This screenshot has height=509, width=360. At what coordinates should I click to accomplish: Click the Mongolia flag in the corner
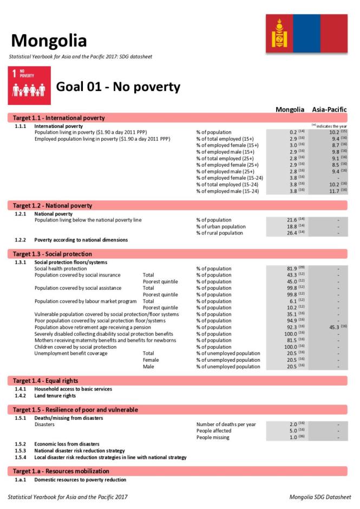(306, 34)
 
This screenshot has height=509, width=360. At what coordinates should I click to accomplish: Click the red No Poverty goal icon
(29, 86)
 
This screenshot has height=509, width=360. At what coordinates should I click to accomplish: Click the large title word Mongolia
(49, 40)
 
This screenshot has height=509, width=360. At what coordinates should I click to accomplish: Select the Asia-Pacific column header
(329, 109)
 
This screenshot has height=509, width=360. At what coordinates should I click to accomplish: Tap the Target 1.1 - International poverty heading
(59, 118)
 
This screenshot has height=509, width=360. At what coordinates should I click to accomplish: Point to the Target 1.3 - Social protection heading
(53, 254)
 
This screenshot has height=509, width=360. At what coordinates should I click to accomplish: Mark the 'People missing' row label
(213, 438)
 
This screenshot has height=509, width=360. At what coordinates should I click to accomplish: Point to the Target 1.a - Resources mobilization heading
(61, 471)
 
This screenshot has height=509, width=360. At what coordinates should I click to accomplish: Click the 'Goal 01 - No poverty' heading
(118, 87)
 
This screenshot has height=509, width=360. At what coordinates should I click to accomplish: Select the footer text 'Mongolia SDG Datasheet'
(320, 497)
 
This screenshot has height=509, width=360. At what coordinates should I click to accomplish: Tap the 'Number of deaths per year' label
(226, 425)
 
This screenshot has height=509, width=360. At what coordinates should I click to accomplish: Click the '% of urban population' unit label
(221, 226)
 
